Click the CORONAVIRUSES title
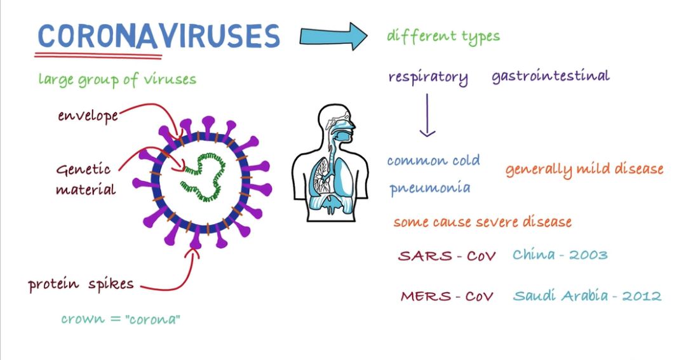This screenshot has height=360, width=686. point(158,36)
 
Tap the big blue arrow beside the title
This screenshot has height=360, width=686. point(333,36)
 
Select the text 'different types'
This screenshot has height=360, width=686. point(443,36)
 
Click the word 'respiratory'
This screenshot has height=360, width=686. point(428,77)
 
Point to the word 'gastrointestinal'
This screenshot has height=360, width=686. point(550,76)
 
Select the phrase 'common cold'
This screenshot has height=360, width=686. point(433,160)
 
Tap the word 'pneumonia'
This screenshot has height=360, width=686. point(430,188)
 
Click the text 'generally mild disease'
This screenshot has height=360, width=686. point(584,169)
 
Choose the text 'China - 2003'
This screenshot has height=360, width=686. point(560,255)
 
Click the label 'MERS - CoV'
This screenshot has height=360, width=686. point(447,297)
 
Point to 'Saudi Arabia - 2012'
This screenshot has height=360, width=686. point(587,296)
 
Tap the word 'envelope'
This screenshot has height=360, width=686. point(88,116)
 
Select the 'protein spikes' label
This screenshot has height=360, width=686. point(81,284)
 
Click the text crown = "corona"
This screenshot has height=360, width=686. point(121,319)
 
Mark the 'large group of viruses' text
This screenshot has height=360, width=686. point(117,79)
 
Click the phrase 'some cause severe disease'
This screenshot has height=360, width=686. point(482,222)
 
